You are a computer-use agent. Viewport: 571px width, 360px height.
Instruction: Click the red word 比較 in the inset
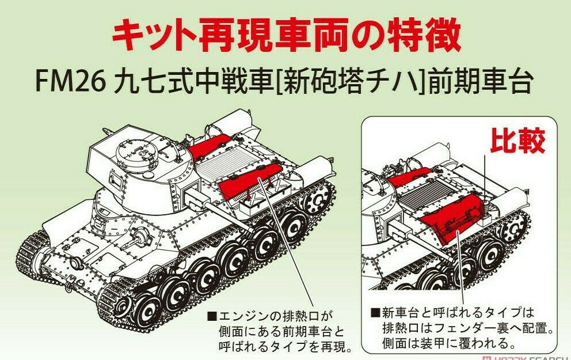click(x=517, y=141)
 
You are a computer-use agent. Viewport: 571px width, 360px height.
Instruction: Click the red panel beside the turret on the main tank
click(x=209, y=145)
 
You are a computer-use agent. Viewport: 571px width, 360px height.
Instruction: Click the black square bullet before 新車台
click(x=375, y=313)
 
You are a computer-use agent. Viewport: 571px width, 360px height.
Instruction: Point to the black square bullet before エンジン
click(x=212, y=316)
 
